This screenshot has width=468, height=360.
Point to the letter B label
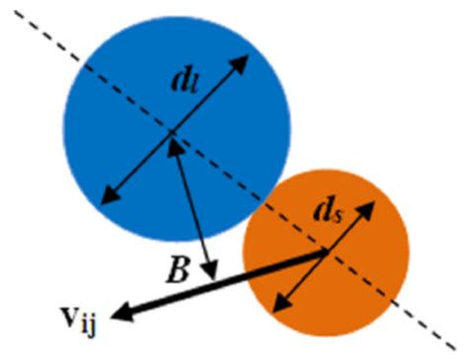(178, 269)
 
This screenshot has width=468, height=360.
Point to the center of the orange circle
(326, 252)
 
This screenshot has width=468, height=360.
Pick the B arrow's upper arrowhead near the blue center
(178, 148)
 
